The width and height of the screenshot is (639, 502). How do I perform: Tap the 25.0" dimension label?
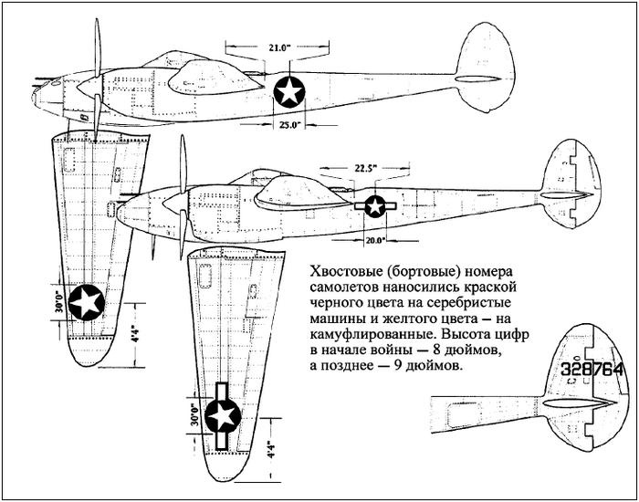point(291,126)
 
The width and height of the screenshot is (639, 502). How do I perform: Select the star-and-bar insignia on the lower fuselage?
point(375,206)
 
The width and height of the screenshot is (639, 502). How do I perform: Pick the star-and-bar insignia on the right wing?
point(222,416)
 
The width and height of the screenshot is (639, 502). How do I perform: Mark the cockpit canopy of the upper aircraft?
point(207,74)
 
